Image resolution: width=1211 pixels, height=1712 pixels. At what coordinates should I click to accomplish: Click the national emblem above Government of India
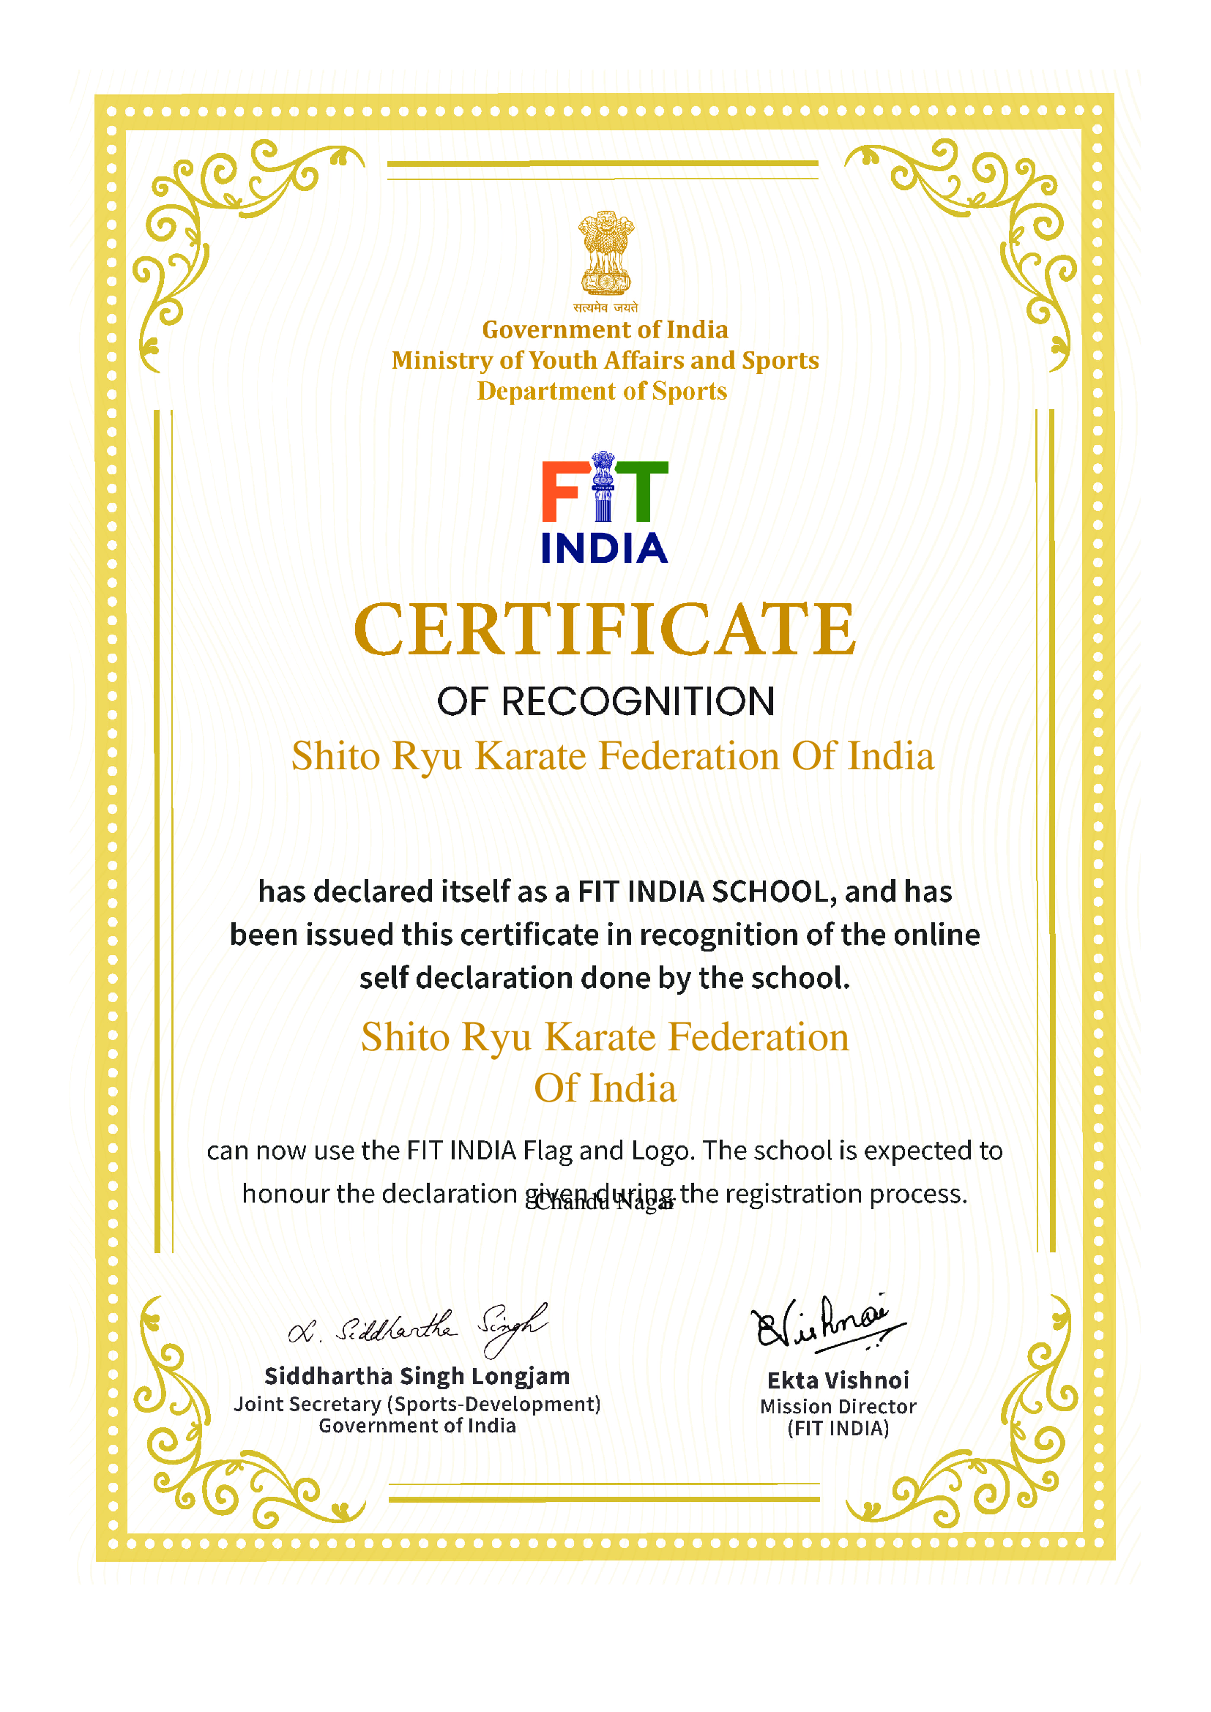click(x=605, y=253)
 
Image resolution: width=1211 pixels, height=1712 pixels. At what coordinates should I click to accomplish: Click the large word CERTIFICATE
click(x=605, y=630)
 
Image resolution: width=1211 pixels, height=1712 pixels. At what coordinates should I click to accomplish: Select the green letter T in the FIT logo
click(x=643, y=491)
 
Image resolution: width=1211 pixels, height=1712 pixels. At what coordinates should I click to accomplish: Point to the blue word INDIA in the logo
click(x=604, y=548)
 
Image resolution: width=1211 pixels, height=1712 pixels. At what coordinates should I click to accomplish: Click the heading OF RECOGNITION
click(x=605, y=702)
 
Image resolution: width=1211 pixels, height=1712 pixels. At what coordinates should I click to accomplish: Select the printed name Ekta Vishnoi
click(x=838, y=1380)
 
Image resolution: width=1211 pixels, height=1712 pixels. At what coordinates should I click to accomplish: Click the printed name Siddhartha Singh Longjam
click(x=417, y=1376)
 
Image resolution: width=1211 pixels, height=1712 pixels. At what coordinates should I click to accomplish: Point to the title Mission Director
click(x=838, y=1406)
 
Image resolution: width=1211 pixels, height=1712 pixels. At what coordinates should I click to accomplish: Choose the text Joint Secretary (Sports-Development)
click(x=417, y=1404)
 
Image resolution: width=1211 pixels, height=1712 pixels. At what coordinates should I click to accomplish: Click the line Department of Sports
click(x=602, y=392)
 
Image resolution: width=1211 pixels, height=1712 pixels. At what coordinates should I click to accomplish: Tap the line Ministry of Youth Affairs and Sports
click(x=605, y=361)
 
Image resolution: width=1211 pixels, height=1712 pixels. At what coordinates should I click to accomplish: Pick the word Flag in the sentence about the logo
click(x=548, y=1151)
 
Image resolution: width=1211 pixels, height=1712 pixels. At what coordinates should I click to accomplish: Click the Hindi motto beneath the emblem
click(x=605, y=307)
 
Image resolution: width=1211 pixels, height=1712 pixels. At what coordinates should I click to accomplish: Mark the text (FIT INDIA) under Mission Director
click(x=838, y=1428)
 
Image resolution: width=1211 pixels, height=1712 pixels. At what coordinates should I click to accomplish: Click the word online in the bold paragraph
click(x=936, y=935)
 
